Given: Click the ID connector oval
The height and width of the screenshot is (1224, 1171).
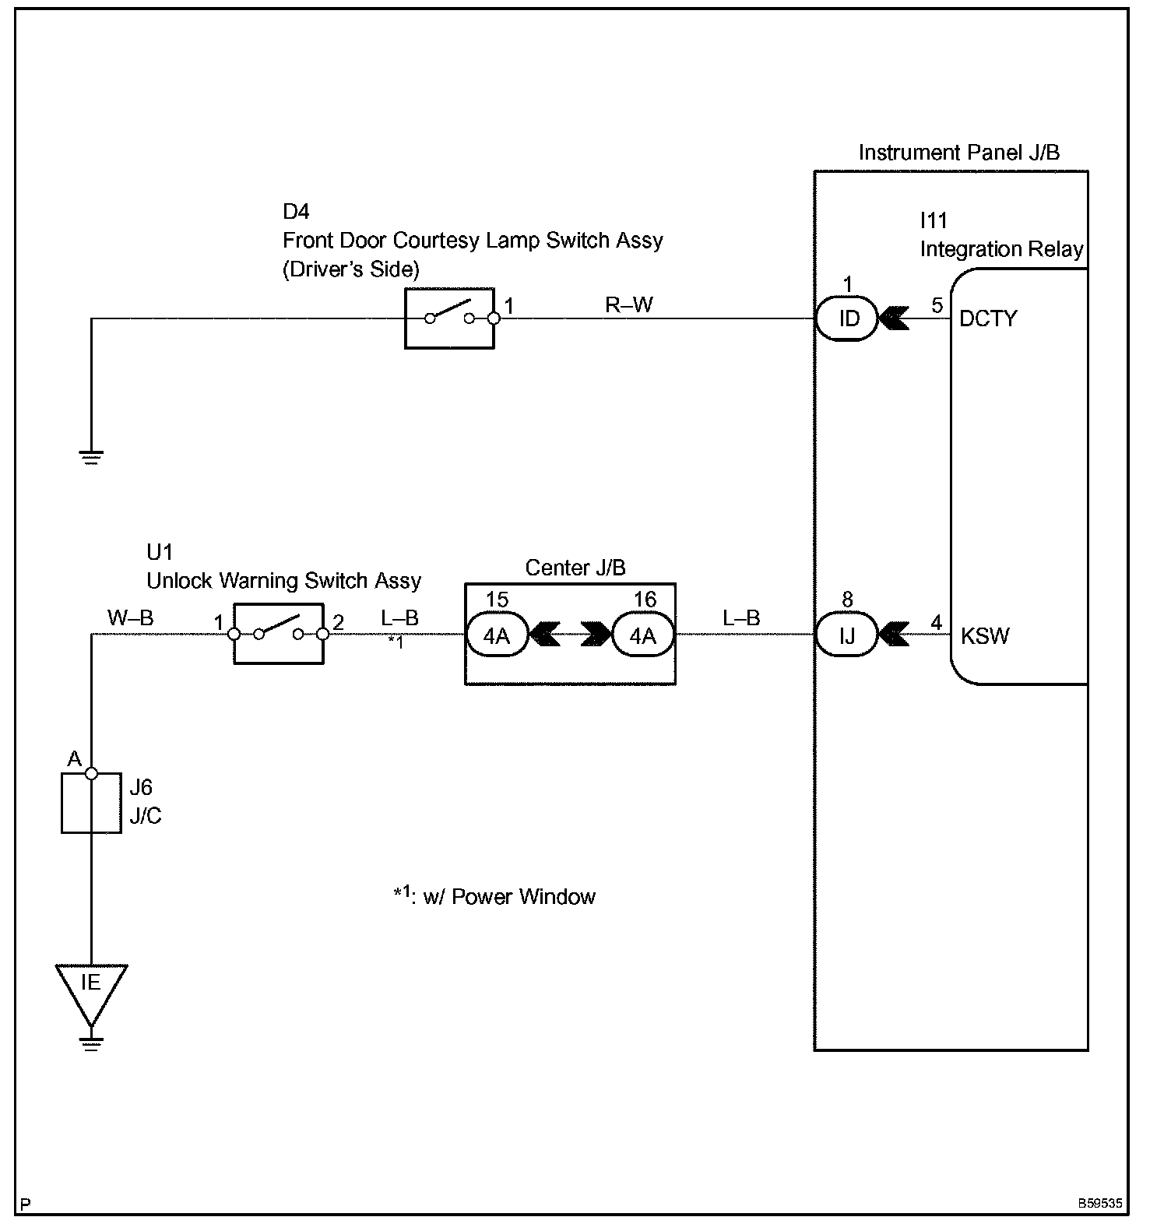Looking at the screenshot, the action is tap(847, 318).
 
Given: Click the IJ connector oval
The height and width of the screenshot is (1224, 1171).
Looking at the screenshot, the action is tap(847, 635).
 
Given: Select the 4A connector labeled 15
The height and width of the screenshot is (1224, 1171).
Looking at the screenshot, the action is tap(497, 635).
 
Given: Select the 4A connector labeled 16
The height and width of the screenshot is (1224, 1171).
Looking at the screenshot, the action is tap(643, 635).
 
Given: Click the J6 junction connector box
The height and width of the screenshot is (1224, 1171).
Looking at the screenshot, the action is tap(91, 803).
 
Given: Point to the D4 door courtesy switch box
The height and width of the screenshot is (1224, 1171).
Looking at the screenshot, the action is tap(449, 318).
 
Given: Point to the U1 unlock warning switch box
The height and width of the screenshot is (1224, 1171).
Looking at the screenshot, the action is tap(279, 634).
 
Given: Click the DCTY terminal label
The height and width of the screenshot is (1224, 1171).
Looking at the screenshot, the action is tap(988, 318).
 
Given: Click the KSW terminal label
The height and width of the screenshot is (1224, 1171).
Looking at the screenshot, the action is tap(985, 636).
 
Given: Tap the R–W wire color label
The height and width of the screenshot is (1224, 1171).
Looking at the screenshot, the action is tap(629, 304).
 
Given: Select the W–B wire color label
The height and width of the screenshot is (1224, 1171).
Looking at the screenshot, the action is tap(130, 618).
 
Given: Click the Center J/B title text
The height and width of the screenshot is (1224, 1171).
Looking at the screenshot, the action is tap(575, 568).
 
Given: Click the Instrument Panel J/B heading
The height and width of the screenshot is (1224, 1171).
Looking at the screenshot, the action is tap(959, 153).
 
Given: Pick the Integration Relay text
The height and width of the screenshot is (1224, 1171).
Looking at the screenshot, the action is tap(1002, 249).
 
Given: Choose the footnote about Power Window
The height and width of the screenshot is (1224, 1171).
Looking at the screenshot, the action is tap(494, 895).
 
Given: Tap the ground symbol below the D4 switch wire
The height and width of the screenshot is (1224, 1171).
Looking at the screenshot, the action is tap(91, 457).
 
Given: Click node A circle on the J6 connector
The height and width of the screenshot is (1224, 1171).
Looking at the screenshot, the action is tap(91, 773).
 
